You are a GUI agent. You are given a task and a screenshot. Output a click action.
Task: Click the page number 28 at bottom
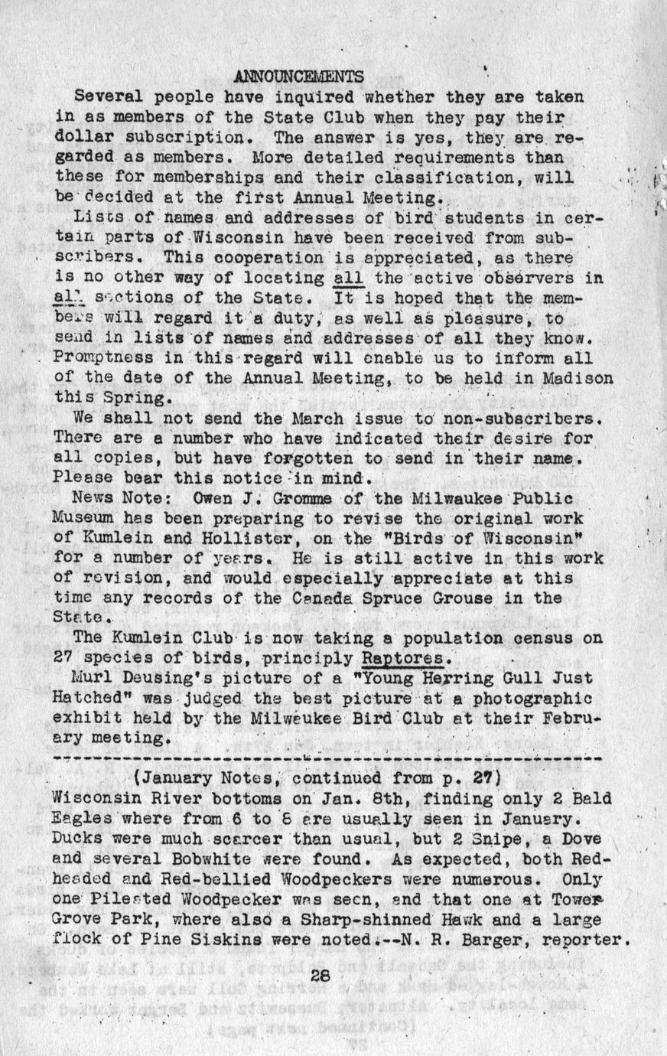[320, 976]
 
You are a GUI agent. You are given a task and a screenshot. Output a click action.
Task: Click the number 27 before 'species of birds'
[63, 658]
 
